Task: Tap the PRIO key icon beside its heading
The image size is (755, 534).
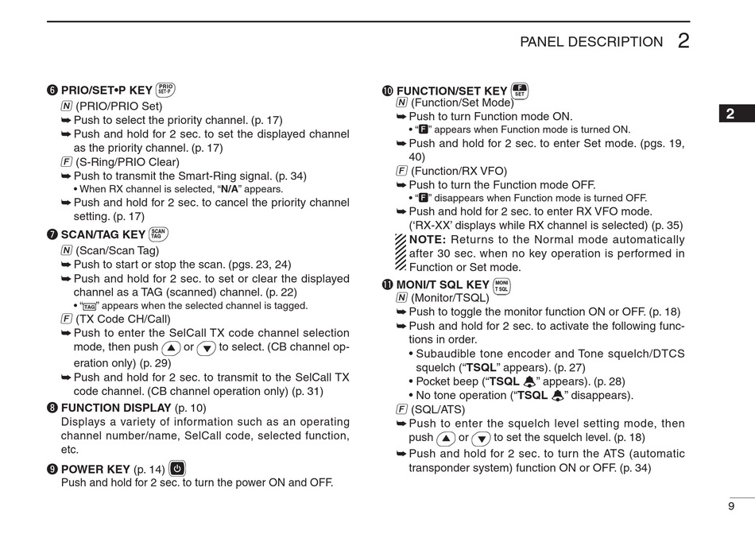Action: (165, 90)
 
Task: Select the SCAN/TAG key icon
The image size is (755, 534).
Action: (158, 234)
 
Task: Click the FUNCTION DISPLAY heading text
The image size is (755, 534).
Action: (116, 408)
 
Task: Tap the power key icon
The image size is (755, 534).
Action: (177, 468)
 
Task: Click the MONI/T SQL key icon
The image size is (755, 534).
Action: (501, 286)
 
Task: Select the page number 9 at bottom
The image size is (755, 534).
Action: (730, 506)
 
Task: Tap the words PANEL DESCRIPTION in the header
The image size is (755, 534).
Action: (590, 42)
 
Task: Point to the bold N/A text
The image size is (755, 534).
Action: (230, 189)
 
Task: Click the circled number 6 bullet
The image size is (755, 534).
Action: (52, 91)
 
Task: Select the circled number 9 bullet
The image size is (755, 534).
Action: (52, 469)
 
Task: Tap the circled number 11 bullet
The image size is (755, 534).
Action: (388, 285)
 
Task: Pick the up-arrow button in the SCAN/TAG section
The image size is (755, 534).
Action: (170, 348)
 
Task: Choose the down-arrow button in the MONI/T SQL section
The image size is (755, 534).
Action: (480, 438)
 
